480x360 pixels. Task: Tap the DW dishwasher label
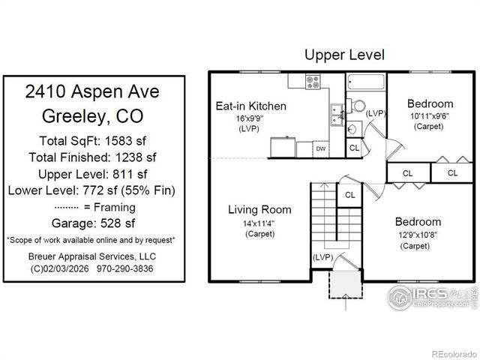point(321,148)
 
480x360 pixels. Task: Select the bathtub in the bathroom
point(367,82)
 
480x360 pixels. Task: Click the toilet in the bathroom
point(358,106)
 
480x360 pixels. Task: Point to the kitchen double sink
point(335,115)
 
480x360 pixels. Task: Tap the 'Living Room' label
point(259,209)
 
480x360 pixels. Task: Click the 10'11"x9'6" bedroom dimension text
point(430,116)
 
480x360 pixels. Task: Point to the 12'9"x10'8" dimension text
point(418,235)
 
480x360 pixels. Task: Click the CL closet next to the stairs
point(349,195)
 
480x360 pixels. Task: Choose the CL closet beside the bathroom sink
point(354,148)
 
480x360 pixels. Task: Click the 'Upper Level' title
point(344,55)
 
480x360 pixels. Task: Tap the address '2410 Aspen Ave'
point(94,92)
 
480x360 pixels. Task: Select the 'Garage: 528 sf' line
point(94,223)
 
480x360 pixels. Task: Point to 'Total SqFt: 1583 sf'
point(94,140)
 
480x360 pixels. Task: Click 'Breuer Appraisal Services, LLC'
point(94,256)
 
